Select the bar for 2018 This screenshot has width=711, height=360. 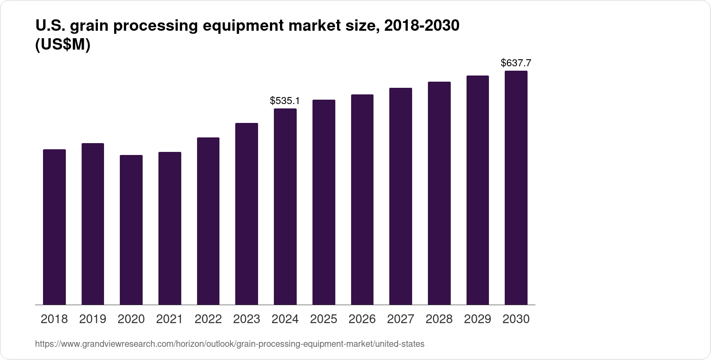54,227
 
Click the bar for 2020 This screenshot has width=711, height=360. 131,230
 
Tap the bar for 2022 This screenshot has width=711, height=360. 208,221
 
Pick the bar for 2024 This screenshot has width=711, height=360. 285,206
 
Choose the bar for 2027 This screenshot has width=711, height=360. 400,196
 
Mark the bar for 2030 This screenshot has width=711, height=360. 516,187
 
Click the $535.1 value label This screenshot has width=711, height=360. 285,101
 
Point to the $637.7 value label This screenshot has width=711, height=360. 516,63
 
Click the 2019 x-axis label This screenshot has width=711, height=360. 93,319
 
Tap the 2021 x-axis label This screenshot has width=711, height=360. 169,319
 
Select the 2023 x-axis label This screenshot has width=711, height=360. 247,319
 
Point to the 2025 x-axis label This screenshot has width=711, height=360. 323,319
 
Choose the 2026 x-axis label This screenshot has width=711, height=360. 362,319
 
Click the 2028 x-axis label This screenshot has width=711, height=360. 439,319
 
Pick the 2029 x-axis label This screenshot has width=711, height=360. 478,319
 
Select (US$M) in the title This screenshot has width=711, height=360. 62,45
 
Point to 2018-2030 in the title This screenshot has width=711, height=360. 421,26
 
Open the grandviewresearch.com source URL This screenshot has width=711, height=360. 230,344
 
